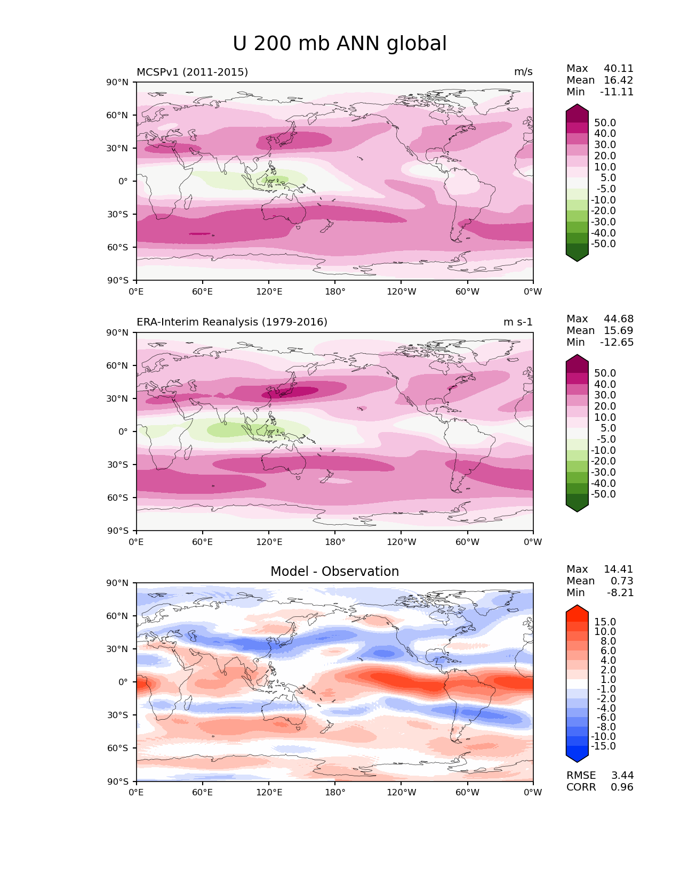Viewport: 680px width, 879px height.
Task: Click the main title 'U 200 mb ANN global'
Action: coord(340,44)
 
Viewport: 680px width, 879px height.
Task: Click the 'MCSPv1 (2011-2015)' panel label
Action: coord(192,72)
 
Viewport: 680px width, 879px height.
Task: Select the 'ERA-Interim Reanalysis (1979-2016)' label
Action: coord(232,322)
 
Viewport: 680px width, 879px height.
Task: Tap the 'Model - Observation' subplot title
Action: coord(334,572)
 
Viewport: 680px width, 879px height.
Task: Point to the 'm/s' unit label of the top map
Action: coord(523,72)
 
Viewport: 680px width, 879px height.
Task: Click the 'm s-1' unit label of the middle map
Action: coord(518,322)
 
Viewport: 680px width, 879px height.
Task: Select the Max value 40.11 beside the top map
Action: coord(619,69)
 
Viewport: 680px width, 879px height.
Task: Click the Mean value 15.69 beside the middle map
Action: coord(619,331)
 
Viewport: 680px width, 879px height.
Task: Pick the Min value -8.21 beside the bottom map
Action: coord(620,593)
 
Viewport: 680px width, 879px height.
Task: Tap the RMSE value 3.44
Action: coord(622,776)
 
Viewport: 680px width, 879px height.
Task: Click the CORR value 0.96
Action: coord(622,787)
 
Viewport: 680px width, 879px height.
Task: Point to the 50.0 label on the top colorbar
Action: coord(605,123)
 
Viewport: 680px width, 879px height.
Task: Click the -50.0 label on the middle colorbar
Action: coord(603,494)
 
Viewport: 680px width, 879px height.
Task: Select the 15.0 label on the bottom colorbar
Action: coord(605,622)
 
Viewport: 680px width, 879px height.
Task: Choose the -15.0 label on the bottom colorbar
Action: coord(603,746)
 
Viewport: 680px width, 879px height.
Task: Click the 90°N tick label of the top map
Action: coord(118,82)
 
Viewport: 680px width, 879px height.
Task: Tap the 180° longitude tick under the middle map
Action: coord(335,542)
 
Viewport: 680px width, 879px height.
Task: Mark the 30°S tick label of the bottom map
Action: coord(118,715)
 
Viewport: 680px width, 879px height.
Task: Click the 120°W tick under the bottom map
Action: coord(402,793)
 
